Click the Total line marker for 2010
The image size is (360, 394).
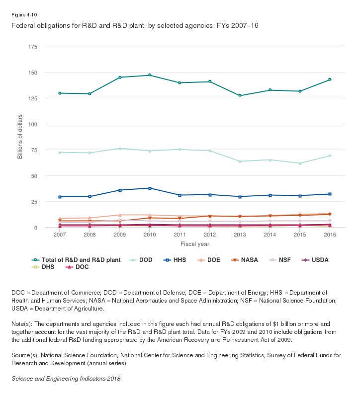[x=150, y=75]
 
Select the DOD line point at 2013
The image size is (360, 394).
[x=240, y=161]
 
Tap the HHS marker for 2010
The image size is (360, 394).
[x=150, y=188]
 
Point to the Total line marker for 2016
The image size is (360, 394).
[x=330, y=79]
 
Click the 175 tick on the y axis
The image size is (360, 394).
[x=33, y=47]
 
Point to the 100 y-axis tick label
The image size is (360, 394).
[x=33, y=124]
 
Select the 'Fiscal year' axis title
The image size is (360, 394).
[x=194, y=244]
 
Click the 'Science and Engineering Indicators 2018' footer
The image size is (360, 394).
[x=66, y=378]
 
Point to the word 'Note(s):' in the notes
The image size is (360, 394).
[x=23, y=323]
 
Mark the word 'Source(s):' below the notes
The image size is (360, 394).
[x=26, y=355]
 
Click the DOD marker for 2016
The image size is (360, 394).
[x=330, y=156]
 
